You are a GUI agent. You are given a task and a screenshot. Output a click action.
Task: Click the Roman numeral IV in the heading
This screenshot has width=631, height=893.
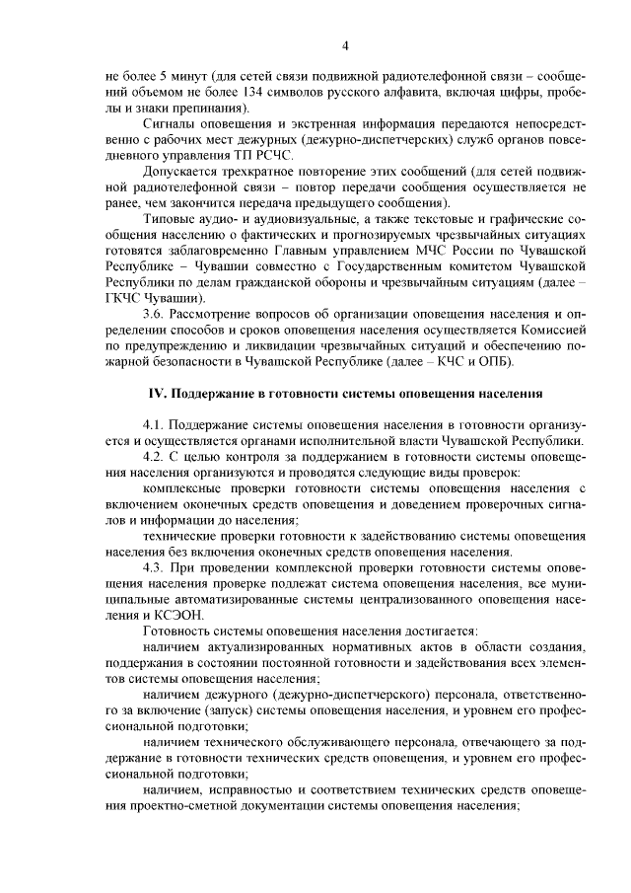point(157,394)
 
